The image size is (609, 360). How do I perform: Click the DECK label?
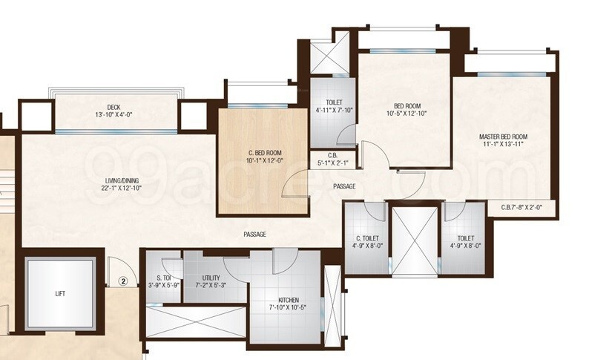113,107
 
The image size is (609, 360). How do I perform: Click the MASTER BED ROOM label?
503,137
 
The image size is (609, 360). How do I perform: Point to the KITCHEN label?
289,300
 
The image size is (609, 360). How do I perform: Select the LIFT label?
61,293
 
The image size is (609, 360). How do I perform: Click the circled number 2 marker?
125,281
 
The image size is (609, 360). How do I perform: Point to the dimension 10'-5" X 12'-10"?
407,114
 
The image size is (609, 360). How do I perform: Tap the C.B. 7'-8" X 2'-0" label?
527,209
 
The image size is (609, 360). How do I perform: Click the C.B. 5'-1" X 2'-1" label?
333,163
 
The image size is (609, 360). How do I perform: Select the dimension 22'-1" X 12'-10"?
122,188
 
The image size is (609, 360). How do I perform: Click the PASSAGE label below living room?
254,235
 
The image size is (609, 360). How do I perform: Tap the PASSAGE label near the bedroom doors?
343,186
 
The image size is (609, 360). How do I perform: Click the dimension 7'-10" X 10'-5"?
289,307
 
